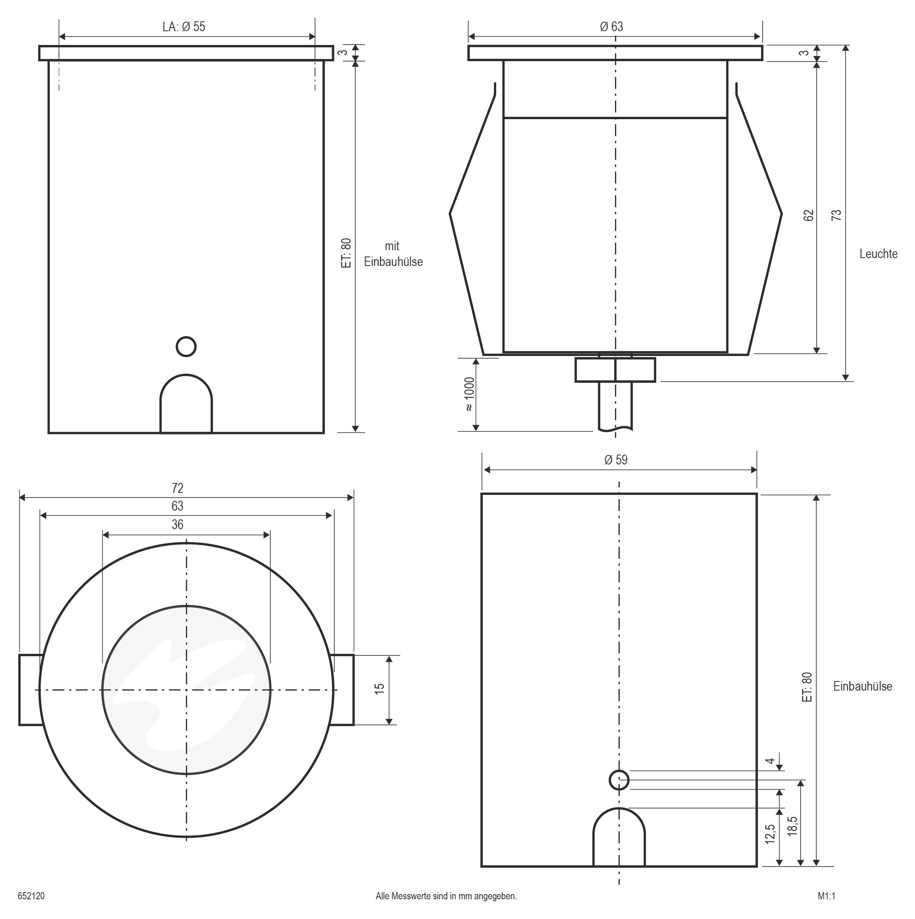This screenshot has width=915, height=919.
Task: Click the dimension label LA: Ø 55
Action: tap(184, 27)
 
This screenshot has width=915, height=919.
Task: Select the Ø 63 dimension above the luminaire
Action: tap(611, 27)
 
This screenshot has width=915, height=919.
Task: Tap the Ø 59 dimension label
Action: tap(616, 460)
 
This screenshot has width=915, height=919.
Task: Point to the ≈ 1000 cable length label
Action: tap(469, 394)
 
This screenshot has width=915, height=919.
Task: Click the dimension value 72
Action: tap(178, 488)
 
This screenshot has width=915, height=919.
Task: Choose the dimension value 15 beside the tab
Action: tap(379, 688)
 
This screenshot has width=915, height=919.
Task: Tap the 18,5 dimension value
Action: tap(792, 826)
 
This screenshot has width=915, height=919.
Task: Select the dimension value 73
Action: tap(836, 215)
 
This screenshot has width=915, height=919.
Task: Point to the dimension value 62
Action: tap(808, 215)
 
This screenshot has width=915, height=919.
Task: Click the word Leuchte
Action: tap(878, 254)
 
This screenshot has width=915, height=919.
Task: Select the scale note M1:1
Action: tap(827, 896)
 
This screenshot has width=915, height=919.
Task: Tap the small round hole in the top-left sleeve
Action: tap(186, 346)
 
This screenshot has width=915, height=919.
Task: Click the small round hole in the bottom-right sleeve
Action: tap(619, 780)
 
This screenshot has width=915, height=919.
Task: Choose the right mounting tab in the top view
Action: tap(343, 690)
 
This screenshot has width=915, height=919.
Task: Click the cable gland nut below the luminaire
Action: tap(615, 370)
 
